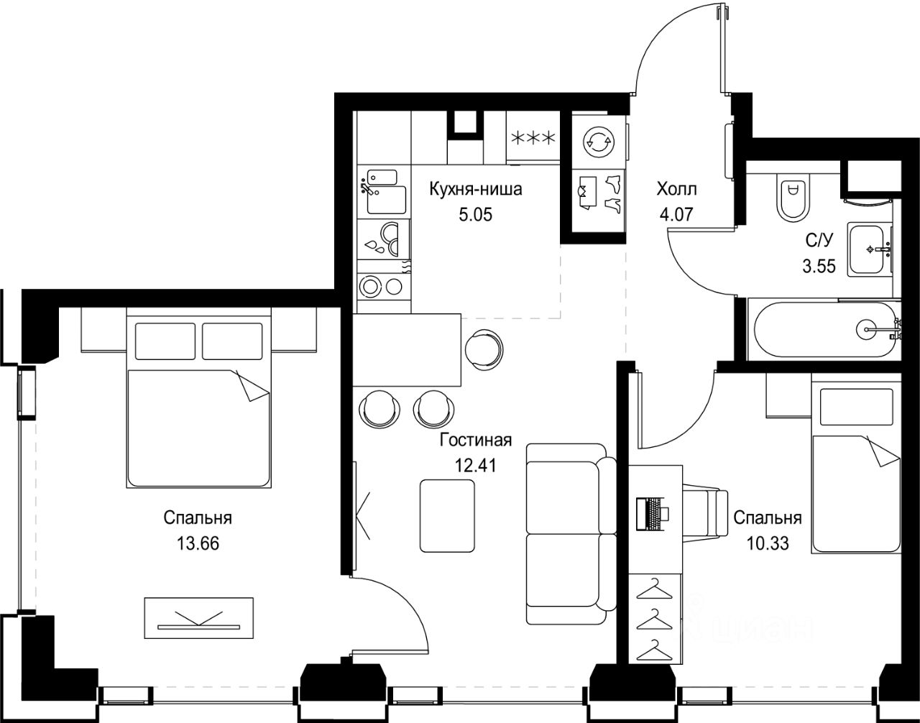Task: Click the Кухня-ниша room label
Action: pos(476,190)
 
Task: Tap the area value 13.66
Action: pos(198,543)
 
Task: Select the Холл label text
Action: pos(676,189)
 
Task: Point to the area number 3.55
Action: pos(819,266)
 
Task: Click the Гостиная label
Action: pos(476,441)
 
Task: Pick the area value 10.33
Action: pos(767,543)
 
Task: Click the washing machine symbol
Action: pos(598,141)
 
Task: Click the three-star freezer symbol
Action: pos(533,138)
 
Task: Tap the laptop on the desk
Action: pos(653,513)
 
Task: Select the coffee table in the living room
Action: pos(447,515)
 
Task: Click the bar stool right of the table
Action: pos(484,349)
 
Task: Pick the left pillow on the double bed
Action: pos(165,341)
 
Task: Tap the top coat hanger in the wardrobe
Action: pos(654,589)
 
